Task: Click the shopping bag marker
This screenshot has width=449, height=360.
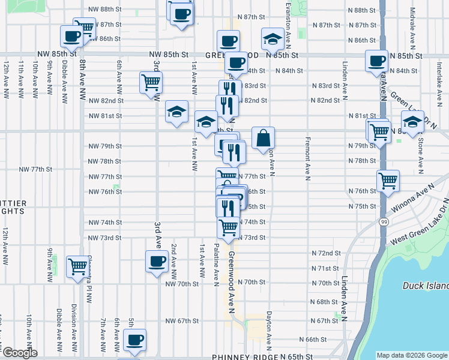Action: [x=263, y=139]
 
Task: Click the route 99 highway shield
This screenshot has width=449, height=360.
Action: [x=382, y=221]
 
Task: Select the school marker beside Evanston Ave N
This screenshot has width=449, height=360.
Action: [x=273, y=40]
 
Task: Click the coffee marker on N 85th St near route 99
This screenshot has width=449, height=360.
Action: [x=377, y=61]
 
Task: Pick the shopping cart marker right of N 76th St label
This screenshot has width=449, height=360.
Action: [x=388, y=181]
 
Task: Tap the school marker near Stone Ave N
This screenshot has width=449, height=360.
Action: [x=412, y=122]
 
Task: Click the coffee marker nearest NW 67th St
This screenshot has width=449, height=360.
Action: [x=134, y=340]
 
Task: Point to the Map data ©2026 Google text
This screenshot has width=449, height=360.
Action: [x=412, y=355]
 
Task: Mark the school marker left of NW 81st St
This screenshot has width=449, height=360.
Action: [x=176, y=112]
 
